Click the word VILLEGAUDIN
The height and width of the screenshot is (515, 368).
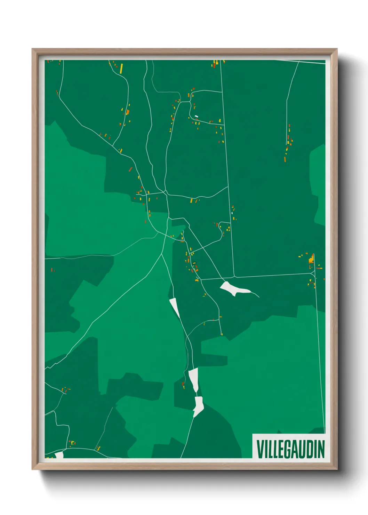pos(290,449)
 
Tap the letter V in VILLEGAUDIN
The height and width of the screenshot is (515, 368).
pos(260,449)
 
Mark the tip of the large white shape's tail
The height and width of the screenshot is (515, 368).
pos(259,297)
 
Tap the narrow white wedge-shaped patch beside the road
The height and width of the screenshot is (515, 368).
pos(174,307)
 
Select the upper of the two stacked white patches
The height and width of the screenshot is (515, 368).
pos(193,379)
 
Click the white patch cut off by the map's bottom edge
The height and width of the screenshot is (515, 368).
pos(59,455)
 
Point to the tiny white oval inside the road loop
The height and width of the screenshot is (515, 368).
pos(196,116)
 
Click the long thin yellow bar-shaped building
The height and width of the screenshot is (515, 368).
pos(121,68)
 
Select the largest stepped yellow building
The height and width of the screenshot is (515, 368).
pos(311,259)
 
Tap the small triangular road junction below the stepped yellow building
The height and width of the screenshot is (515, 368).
pos(314,274)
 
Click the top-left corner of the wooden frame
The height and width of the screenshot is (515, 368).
pos(32,49)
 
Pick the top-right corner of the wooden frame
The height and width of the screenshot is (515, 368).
pos(337,49)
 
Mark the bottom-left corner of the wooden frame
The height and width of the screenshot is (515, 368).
pos(32,469)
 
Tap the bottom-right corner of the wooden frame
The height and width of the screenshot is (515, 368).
pos(337,469)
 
